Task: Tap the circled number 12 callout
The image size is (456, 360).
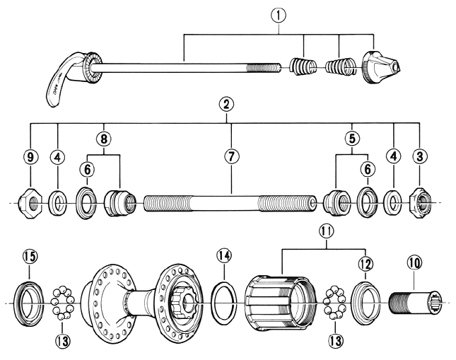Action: (365, 263)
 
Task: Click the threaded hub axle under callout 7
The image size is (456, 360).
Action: (226, 204)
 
